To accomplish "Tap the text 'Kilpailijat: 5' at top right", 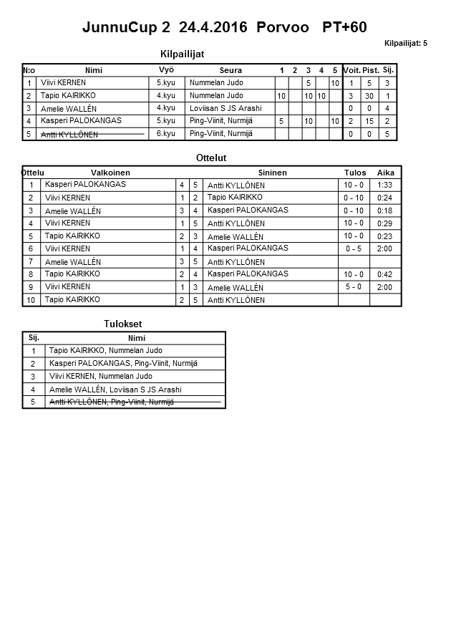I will (x=405, y=44).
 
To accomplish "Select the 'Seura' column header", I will (x=231, y=70).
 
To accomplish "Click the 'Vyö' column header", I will (x=166, y=69).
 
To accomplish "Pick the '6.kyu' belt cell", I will (x=165, y=133).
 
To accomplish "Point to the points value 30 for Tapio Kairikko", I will (x=369, y=96).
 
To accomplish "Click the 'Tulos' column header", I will (x=354, y=173).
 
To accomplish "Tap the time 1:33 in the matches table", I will (x=385, y=185).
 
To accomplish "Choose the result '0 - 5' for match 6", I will (x=354, y=248).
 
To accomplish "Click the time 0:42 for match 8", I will (x=385, y=274).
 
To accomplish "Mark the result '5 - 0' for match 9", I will (x=354, y=286).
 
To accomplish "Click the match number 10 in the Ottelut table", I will (x=31, y=300).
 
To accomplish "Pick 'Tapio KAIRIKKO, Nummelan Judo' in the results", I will (x=105, y=351).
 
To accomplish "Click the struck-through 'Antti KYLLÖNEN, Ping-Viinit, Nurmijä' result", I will (x=111, y=402).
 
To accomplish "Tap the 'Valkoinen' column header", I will (x=110, y=173).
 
